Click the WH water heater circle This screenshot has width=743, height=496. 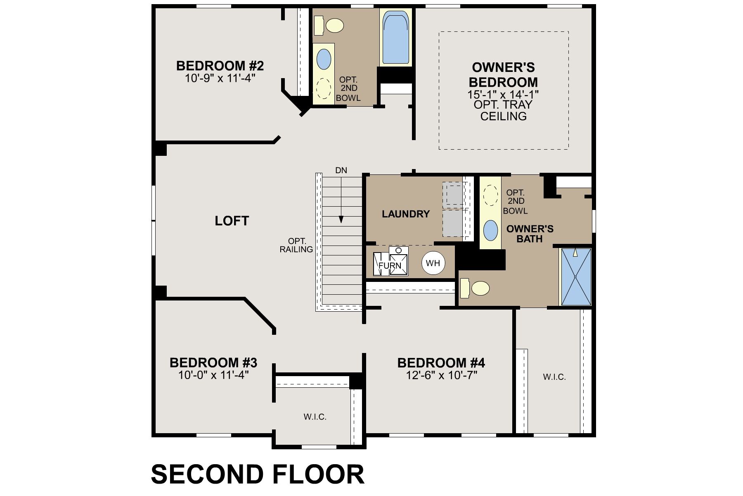click(433, 263)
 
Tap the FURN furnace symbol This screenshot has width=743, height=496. click(390, 265)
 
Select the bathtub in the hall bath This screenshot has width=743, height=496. click(395, 38)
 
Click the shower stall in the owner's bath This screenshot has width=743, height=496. click(575, 277)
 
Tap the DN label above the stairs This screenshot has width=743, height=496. click(341, 170)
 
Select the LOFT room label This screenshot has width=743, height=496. click(232, 221)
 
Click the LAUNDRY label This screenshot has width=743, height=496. click(405, 214)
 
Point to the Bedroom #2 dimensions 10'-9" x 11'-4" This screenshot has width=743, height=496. click(220, 78)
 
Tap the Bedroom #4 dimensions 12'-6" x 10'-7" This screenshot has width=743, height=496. click(442, 375)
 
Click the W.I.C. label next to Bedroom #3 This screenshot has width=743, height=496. click(315, 417)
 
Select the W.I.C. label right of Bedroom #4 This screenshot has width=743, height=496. click(554, 377)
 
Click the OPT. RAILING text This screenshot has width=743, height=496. click(296, 245)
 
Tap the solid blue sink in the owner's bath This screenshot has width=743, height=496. click(490, 230)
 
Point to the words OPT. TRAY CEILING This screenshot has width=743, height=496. click(503, 110)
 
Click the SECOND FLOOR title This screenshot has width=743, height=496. click(258, 474)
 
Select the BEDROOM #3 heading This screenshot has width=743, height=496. click(213, 363)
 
